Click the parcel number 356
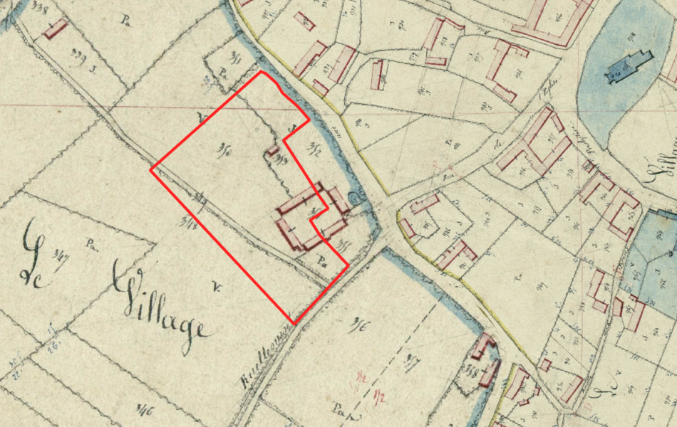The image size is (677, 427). click(x=358, y=327)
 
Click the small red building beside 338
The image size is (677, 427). click(x=55, y=29)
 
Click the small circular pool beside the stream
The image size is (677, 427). click(x=356, y=196)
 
